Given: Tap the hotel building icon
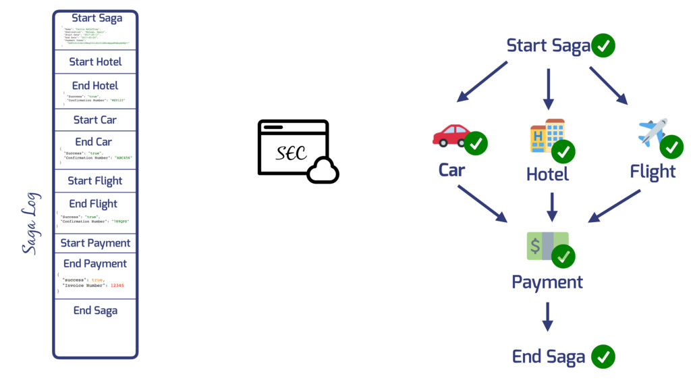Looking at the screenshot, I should tap(546, 135).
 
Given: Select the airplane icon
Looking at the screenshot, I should tap(652, 132).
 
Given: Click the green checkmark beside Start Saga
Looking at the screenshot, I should tap(603, 46).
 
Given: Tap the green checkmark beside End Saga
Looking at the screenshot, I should tap(603, 357).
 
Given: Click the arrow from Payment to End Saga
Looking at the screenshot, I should tap(548, 316).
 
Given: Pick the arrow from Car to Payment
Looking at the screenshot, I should tap(482, 203).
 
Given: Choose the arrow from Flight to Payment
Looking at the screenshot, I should tap(615, 205).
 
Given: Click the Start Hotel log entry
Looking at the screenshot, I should tap(95, 61).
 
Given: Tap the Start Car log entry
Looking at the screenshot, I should tap(95, 120).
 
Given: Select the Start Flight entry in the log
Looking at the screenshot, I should tap(95, 180).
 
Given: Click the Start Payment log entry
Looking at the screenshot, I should tap(95, 243).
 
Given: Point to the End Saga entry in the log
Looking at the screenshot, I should tap(95, 311).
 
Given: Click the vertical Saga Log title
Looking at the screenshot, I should tap(30, 224).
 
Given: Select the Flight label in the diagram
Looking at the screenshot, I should tap(653, 172).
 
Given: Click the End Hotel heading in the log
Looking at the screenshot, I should tap(95, 86).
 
